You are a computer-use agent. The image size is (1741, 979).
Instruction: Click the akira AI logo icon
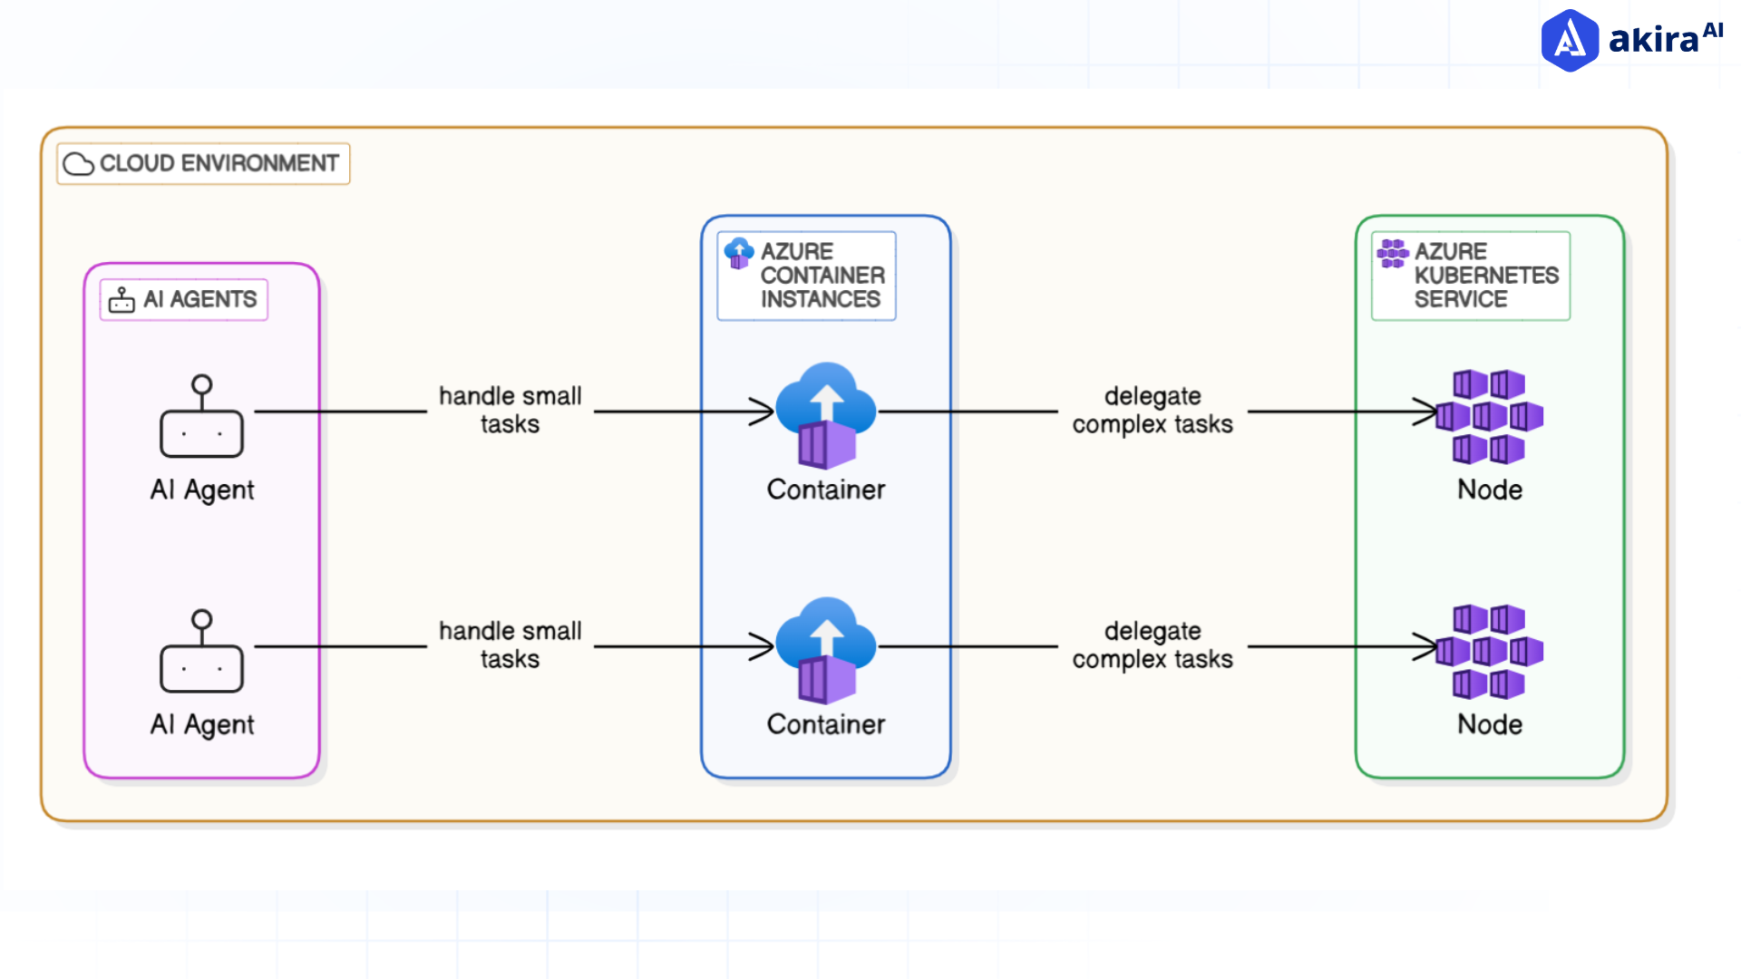click(x=1570, y=41)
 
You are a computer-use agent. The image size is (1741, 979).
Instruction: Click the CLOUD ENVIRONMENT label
click(x=219, y=163)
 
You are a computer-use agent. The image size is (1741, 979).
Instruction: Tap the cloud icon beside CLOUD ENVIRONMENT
click(x=79, y=164)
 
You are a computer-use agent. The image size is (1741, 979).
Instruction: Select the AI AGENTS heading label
click(x=199, y=299)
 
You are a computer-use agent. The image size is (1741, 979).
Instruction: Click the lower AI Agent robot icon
click(x=201, y=652)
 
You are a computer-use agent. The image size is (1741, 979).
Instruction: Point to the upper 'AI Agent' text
click(x=202, y=489)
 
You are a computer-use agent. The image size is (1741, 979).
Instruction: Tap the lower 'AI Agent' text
click(x=202, y=724)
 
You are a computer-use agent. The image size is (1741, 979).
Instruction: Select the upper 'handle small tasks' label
click(x=510, y=410)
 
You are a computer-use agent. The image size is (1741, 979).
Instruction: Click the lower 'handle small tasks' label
click(x=510, y=645)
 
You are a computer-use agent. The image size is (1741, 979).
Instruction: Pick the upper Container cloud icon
click(x=826, y=414)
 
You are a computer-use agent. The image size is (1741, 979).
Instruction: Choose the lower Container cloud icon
click(x=826, y=649)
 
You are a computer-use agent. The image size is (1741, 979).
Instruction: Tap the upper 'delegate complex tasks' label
click(x=1153, y=410)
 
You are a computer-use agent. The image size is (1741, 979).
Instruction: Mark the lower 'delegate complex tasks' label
click(x=1153, y=645)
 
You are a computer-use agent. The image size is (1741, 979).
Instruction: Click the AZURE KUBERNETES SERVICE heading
click(x=1485, y=276)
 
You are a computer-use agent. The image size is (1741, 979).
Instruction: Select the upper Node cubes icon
click(x=1490, y=416)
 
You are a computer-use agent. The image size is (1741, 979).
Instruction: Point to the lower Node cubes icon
click(x=1490, y=651)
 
